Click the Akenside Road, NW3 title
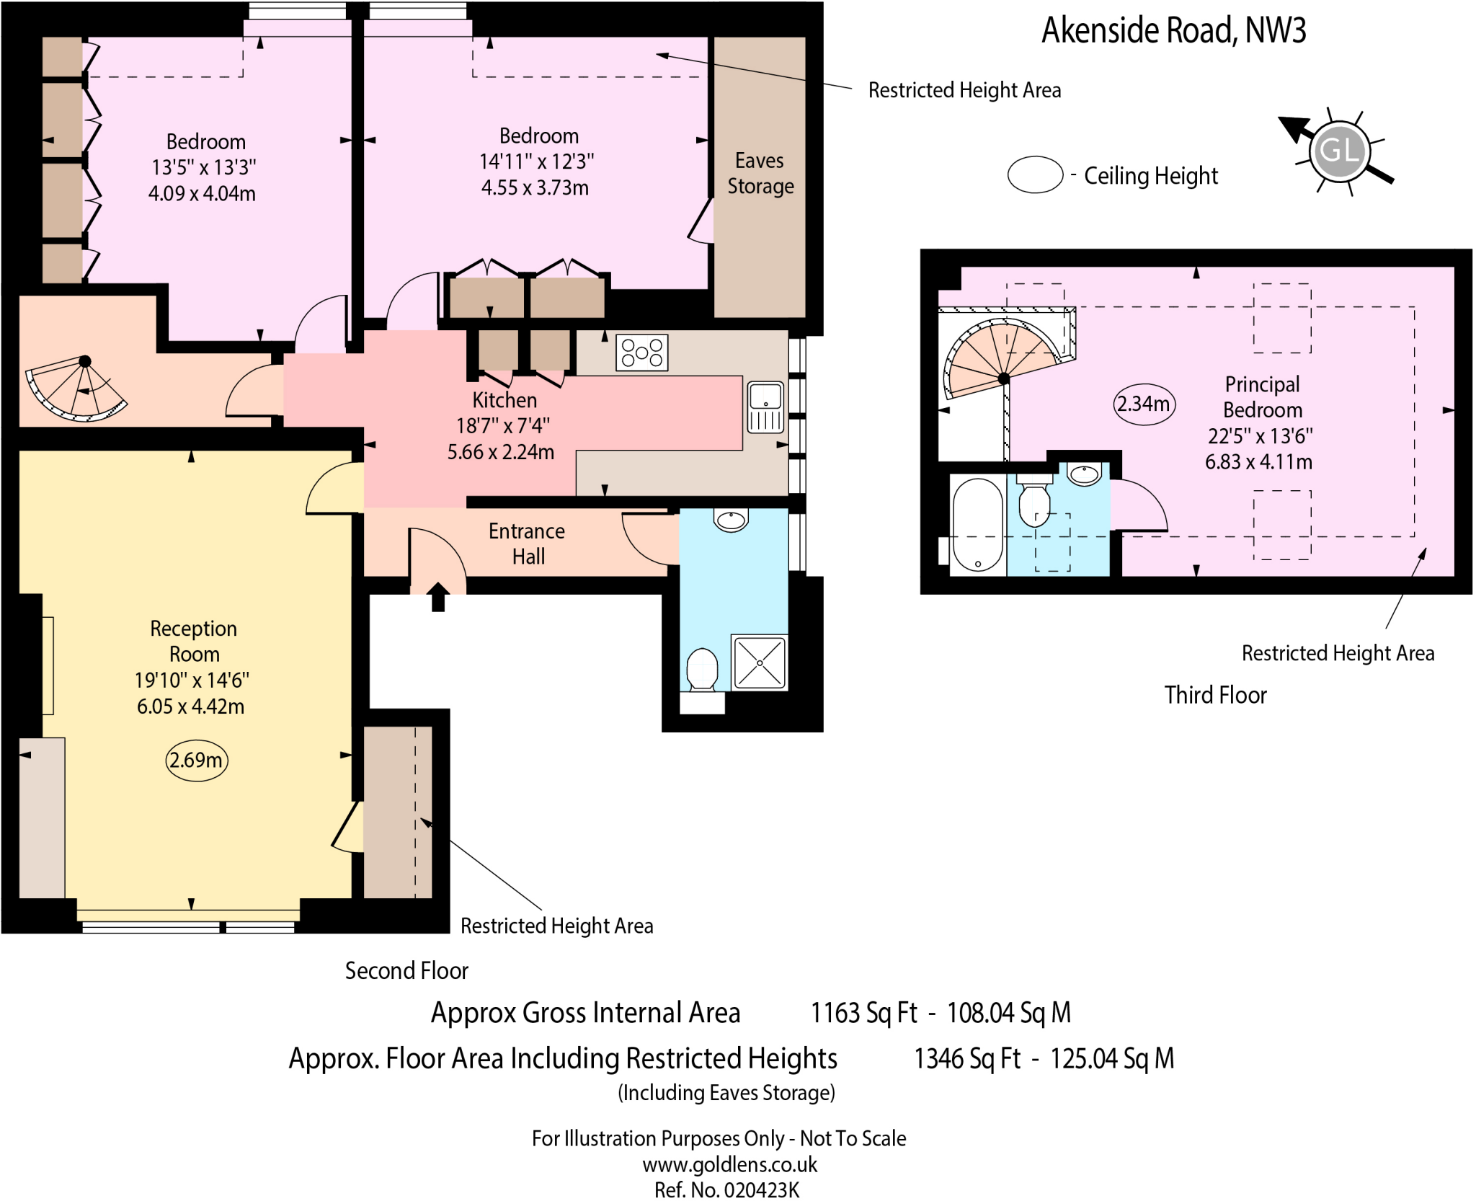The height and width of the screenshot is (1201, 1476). (1173, 30)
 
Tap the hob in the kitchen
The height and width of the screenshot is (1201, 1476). (641, 353)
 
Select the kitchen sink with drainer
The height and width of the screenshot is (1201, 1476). (765, 407)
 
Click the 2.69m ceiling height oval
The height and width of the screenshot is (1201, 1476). (196, 760)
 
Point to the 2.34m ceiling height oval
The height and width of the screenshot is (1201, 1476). (1144, 404)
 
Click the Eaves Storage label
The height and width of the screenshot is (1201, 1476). (760, 173)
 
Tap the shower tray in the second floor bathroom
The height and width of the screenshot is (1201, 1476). (759, 662)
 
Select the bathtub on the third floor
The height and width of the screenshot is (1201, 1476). (977, 525)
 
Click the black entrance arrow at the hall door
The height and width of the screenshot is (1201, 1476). (438, 597)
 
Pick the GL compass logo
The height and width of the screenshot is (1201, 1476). (1339, 151)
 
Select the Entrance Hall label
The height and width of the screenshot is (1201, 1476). (527, 544)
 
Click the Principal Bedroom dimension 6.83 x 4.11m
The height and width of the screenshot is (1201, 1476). (1258, 461)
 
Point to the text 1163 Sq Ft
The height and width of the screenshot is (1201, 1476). (863, 1013)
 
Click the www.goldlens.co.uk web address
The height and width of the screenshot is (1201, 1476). (729, 1164)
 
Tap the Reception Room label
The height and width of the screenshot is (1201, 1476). (193, 641)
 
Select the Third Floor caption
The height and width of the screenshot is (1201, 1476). (1215, 695)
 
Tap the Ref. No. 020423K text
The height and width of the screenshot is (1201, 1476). (726, 1189)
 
